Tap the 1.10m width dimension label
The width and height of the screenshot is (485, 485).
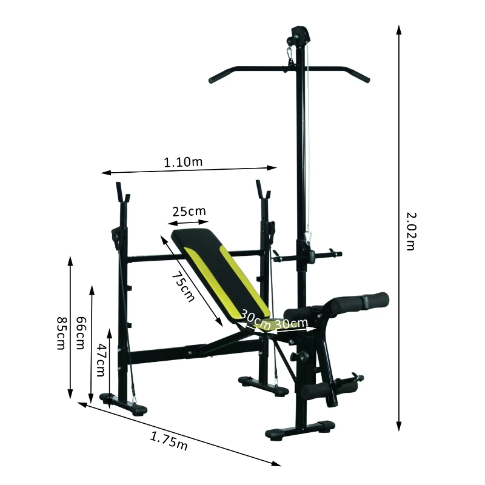click(183, 162)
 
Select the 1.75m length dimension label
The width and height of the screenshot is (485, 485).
click(169, 440)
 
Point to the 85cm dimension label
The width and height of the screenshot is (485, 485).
click(61, 333)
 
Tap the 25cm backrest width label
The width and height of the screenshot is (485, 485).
click(189, 212)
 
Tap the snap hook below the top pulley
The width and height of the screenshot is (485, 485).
click(290, 58)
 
